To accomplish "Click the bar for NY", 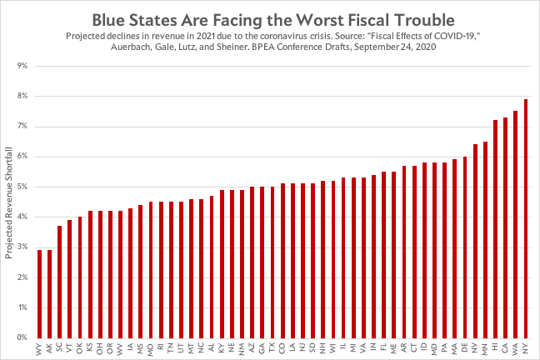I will [x=525, y=218].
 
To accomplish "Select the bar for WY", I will [x=39, y=293].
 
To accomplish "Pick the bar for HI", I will [x=495, y=229].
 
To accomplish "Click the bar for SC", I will [x=59, y=282].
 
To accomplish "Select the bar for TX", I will [x=272, y=262].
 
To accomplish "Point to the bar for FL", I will [x=383, y=254].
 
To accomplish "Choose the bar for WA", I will [x=515, y=224].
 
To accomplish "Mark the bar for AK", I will [x=49, y=293].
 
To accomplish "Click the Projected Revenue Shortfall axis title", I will [x=9, y=201].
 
